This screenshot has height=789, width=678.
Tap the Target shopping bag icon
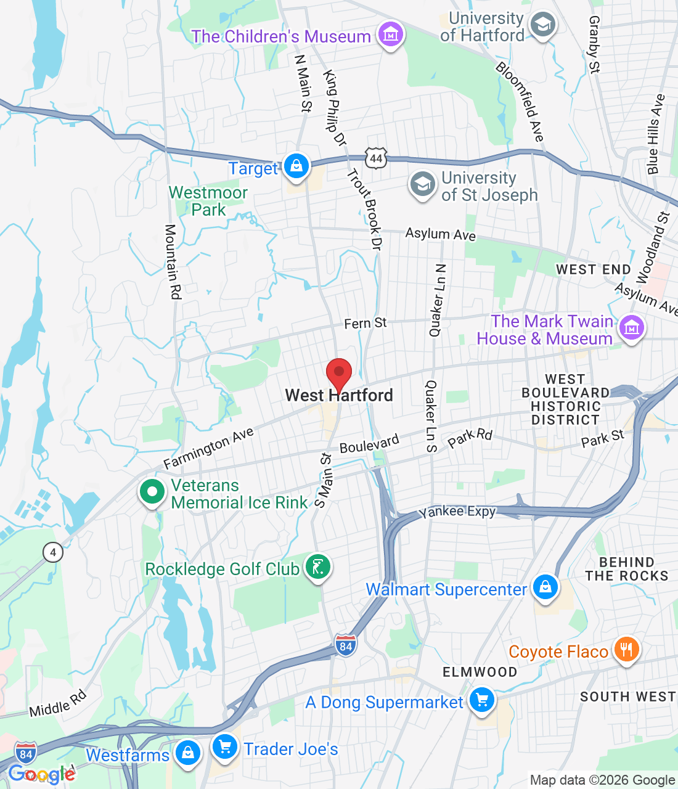[296, 166]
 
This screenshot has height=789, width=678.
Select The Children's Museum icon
[390, 35]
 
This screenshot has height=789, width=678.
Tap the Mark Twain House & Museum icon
[632, 328]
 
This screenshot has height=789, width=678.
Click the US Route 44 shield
[376, 158]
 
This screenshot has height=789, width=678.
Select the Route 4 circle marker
[53, 552]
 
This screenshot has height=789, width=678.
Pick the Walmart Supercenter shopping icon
[545, 587]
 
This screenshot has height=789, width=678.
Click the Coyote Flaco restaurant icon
[626, 650]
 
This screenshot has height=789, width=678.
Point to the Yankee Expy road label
[457, 512]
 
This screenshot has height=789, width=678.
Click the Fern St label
[365, 323]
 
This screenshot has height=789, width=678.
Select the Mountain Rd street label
[173, 262]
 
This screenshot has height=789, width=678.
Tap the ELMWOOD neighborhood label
[480, 672]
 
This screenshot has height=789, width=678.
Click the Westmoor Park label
[208, 201]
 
